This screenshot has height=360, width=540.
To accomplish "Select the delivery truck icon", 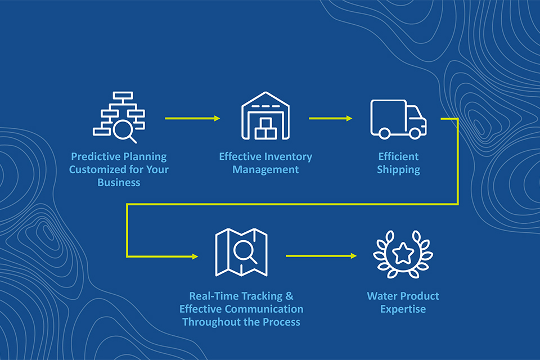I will pos(398,119).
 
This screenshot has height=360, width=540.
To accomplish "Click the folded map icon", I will pos(241,253).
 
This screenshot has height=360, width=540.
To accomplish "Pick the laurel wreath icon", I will pos(403,254).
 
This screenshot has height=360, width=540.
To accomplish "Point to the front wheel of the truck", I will pos(415,133).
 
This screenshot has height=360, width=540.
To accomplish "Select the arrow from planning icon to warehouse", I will pos(192,118).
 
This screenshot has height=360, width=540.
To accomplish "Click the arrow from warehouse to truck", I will pos(331,118).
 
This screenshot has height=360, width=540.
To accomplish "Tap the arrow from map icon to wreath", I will pos(321,256).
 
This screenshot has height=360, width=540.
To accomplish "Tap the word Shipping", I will pos(398,170).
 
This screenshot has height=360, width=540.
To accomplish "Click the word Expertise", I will pos(403,309).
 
